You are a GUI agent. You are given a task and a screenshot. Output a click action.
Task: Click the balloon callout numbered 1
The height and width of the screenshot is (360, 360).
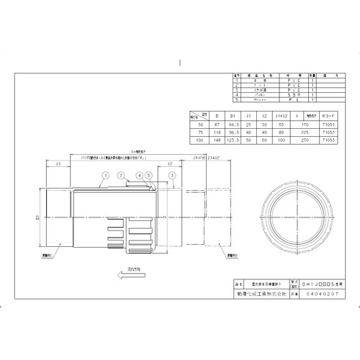coord(105,175)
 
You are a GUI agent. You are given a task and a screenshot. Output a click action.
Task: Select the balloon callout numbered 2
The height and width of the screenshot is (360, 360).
coord(122,175)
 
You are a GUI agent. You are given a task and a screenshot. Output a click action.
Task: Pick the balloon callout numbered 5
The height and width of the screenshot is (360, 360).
coord(148,175)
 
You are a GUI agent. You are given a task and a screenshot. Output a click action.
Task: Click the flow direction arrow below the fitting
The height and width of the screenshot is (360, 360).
coord(114,273)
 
